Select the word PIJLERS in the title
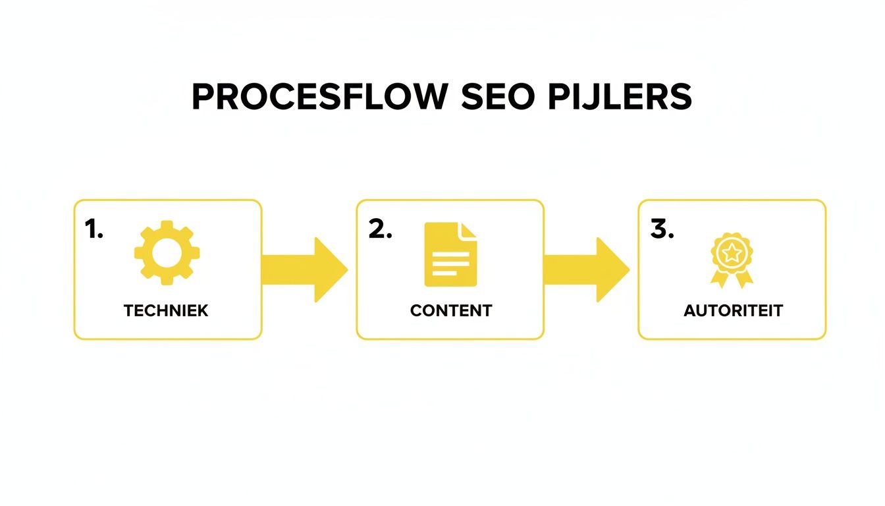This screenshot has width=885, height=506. (620, 98)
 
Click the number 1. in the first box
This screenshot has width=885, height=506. (94, 229)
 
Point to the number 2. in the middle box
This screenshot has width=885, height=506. (380, 229)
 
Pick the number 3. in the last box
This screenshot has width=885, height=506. (662, 229)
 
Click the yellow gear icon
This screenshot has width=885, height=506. (167, 253)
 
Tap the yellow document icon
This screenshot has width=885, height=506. (450, 254)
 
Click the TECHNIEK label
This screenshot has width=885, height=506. (166, 311)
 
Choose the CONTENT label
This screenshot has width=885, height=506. (450, 311)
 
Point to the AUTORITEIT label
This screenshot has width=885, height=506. (733, 311)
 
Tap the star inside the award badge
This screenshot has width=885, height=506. (732, 251)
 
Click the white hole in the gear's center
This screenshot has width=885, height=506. (167, 253)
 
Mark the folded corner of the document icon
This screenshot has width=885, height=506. (468, 231)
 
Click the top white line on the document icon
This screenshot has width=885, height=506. (447, 251)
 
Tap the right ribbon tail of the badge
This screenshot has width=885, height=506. (745, 279)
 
